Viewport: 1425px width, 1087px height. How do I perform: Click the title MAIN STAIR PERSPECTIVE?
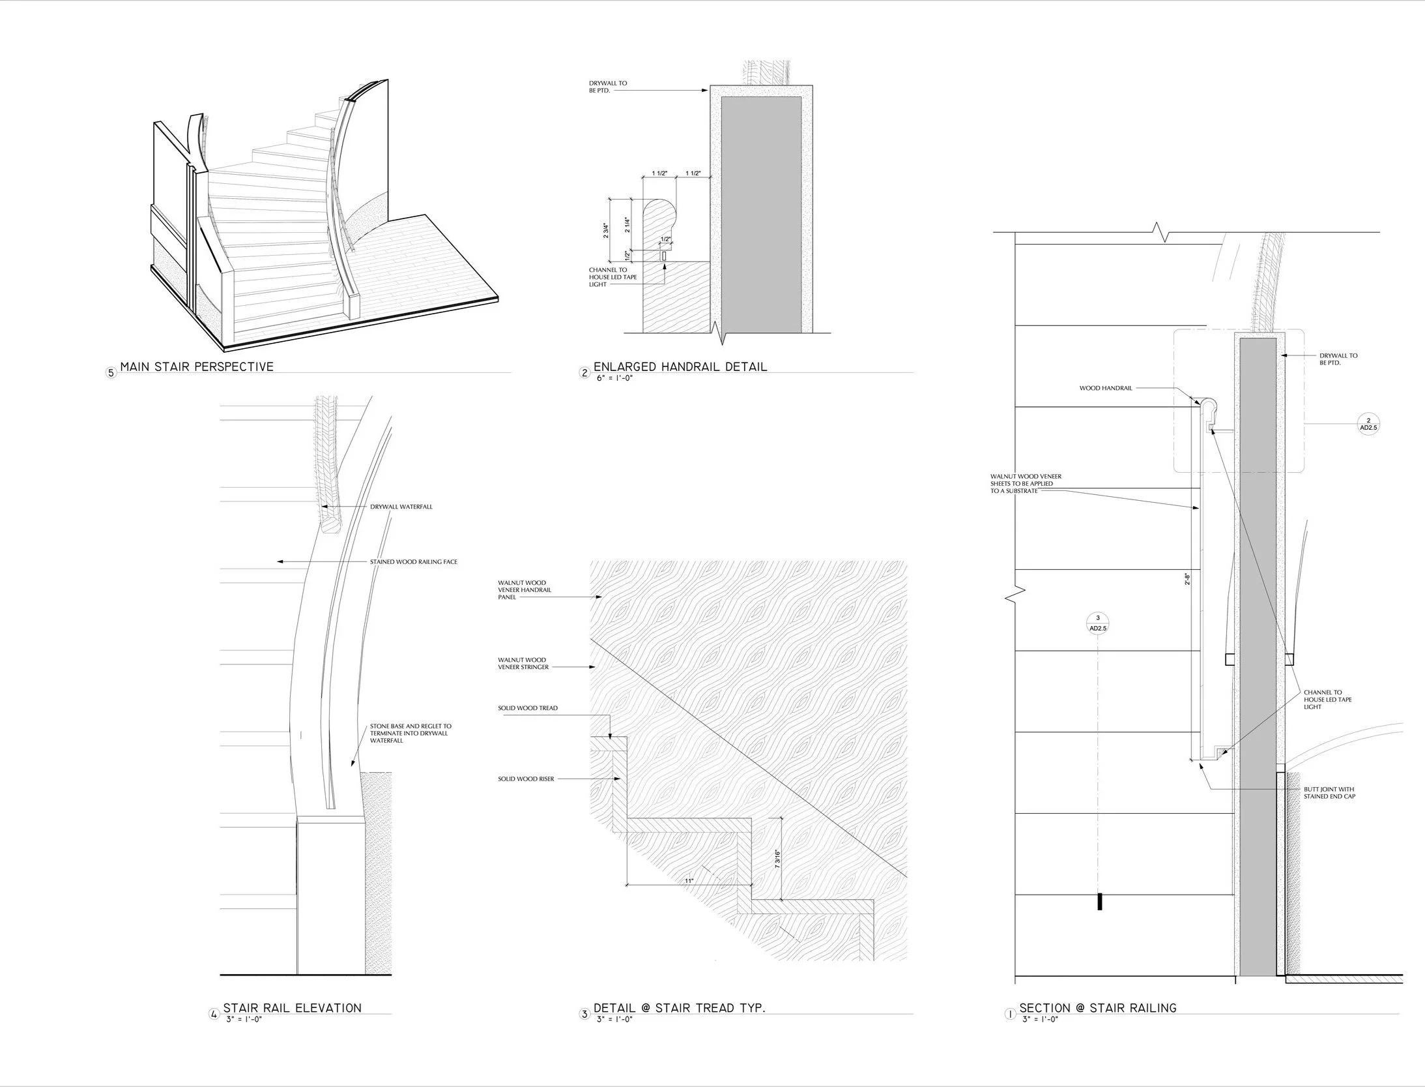click(197, 366)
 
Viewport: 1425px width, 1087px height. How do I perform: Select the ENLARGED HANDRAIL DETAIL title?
click(680, 366)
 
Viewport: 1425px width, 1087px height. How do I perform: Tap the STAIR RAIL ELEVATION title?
click(292, 1007)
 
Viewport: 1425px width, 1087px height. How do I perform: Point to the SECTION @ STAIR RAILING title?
click(1098, 1007)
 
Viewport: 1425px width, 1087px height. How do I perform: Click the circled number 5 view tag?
click(111, 373)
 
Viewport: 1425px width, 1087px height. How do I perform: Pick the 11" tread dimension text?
click(689, 881)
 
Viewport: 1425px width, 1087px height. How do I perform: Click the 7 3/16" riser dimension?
click(777, 858)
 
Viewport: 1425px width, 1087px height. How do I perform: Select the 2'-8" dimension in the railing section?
click(1187, 579)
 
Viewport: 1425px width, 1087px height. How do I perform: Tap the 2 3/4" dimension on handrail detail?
click(605, 231)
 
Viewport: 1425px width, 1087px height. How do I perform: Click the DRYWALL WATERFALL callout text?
click(401, 507)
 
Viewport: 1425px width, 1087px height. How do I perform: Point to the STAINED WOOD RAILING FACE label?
click(414, 561)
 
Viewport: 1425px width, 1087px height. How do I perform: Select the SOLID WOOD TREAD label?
click(528, 708)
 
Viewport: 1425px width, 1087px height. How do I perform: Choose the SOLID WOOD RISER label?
click(526, 779)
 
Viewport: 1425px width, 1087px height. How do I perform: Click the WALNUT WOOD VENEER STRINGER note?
click(523, 664)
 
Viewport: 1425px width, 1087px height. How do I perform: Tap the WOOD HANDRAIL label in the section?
click(1106, 388)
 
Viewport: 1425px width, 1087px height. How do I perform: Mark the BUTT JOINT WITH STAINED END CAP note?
click(1329, 793)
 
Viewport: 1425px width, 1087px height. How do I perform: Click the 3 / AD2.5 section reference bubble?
click(1098, 623)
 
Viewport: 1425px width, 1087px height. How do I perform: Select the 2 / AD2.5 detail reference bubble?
click(1368, 424)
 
